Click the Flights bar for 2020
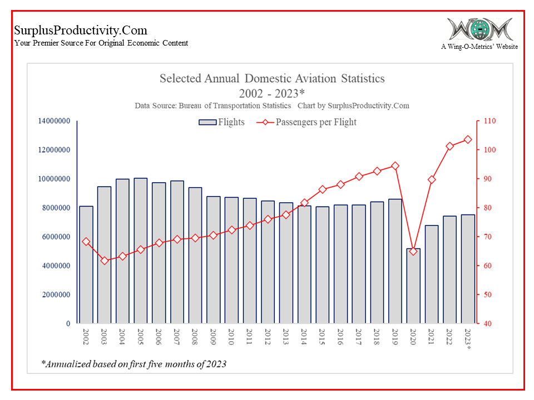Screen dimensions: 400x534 click(413, 286)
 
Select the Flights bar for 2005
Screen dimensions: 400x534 click(141, 251)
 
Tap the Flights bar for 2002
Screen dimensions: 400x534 click(86, 264)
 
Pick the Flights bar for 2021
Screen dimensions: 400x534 click(432, 274)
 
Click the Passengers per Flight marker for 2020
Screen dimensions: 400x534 click(413, 252)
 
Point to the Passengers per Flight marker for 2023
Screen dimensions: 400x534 click(468, 139)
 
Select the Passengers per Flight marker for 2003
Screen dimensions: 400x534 click(105, 261)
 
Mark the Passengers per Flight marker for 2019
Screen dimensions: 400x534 click(395, 166)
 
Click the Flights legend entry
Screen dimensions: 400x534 click(222, 122)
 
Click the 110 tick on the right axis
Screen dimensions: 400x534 click(489, 121)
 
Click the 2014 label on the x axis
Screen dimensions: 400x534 click(304, 336)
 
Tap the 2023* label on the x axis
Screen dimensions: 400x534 click(468, 338)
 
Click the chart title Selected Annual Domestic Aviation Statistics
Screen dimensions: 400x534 click(272, 78)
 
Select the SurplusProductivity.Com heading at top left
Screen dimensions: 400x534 click(81, 30)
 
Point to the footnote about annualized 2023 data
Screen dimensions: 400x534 click(134, 364)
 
